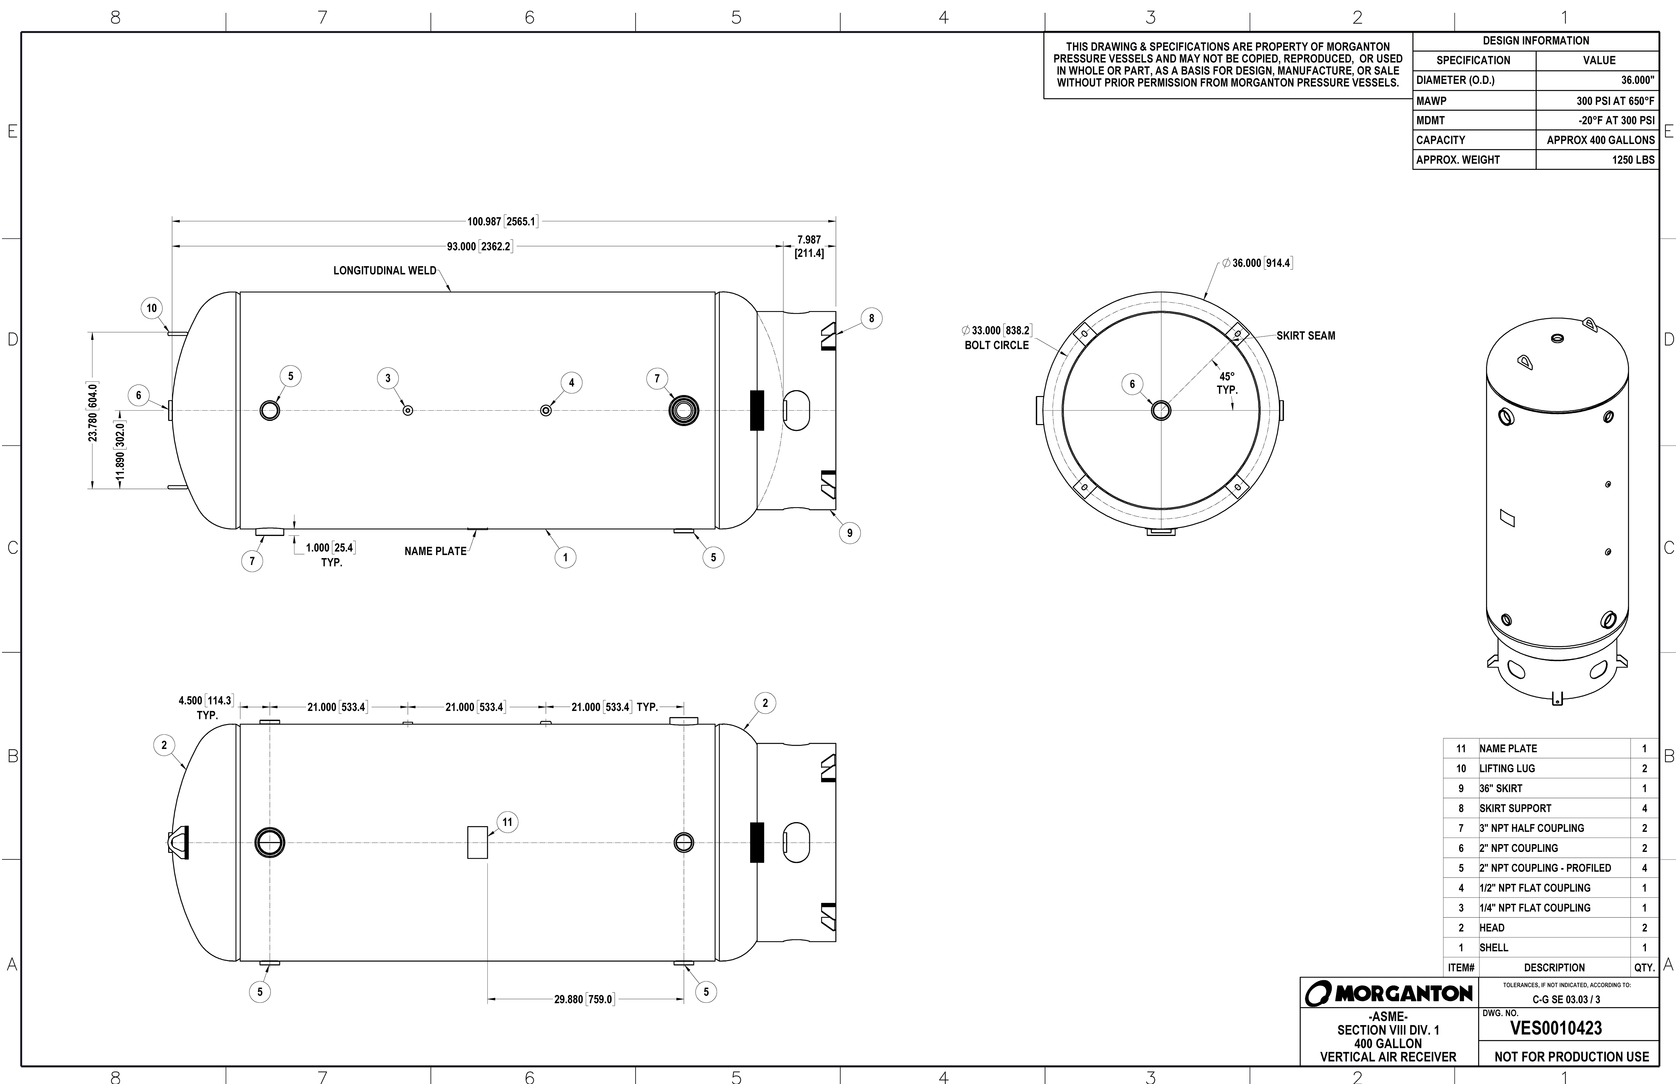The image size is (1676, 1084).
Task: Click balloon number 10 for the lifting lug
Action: tap(151, 308)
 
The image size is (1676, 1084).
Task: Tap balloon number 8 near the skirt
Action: tap(871, 318)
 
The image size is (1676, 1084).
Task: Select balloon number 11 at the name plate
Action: tap(507, 822)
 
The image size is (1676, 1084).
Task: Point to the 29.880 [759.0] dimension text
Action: tap(584, 999)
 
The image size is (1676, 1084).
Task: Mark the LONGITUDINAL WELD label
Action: tap(384, 270)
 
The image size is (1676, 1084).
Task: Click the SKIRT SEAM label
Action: tap(1305, 336)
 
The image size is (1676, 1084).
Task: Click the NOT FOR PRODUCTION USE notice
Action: tap(1571, 1056)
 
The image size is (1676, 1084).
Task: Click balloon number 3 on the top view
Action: tap(387, 378)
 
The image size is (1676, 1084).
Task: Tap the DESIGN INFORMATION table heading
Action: tap(1535, 41)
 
